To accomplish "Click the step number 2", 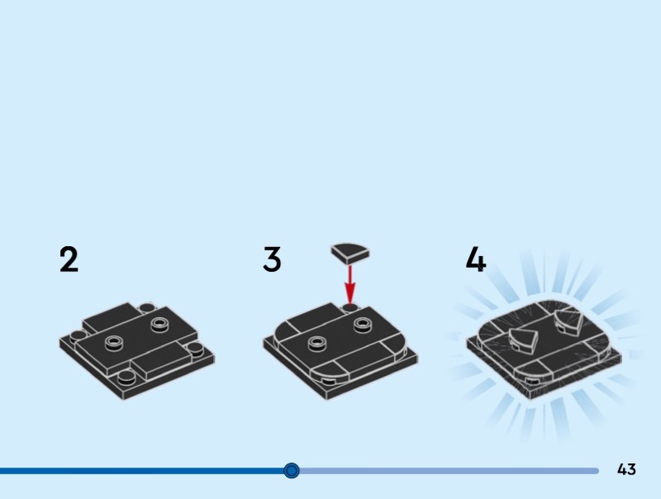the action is pyautogui.click(x=69, y=259).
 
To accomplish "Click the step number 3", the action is pyautogui.click(x=272, y=259).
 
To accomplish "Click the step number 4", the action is pyautogui.click(x=476, y=259).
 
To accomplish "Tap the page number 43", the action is pyautogui.click(x=626, y=469).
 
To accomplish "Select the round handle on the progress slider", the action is pyautogui.click(x=292, y=470).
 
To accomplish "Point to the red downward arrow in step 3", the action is pyautogui.click(x=350, y=284).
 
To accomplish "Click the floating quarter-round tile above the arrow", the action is pyautogui.click(x=350, y=253).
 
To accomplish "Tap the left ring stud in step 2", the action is pyautogui.click(x=114, y=343).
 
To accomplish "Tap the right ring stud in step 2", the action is pyautogui.click(x=159, y=325).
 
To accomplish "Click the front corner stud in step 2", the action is pyautogui.click(x=126, y=378).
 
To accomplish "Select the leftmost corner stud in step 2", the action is pyautogui.click(x=78, y=337).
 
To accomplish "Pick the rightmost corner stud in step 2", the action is pyautogui.click(x=195, y=349).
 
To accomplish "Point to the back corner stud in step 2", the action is pyautogui.click(x=147, y=307).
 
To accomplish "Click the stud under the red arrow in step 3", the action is pyautogui.click(x=350, y=307).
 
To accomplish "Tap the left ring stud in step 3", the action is pyautogui.click(x=318, y=343).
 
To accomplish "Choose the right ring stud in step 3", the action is pyautogui.click(x=364, y=325).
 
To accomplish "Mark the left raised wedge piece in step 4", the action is pyautogui.click(x=524, y=340).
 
